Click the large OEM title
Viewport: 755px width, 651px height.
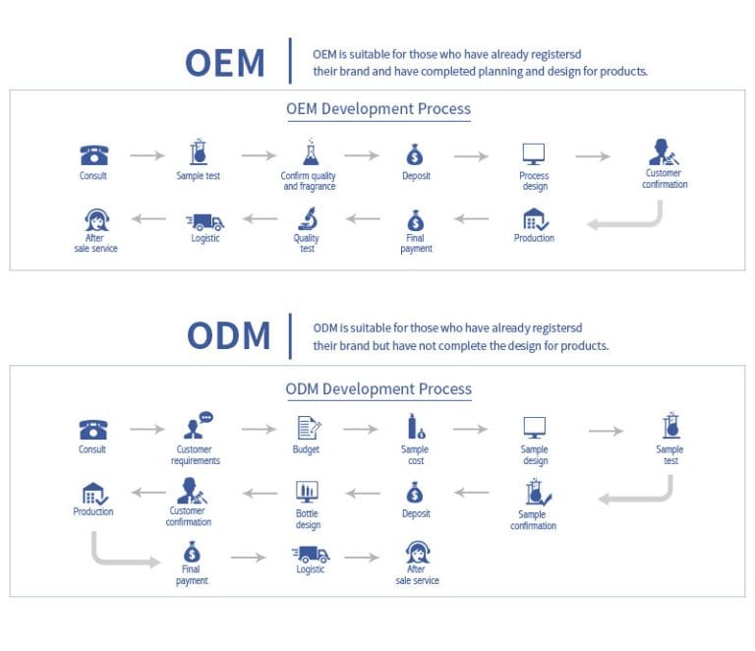point(225,63)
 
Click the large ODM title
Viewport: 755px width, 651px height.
point(228,335)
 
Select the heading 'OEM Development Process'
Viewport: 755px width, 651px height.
point(378,109)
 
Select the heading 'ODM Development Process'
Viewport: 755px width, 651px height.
point(378,389)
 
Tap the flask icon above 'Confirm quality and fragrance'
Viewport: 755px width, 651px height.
point(310,153)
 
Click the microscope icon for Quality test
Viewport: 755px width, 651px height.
point(307,217)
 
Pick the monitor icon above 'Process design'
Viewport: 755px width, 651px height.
point(533,154)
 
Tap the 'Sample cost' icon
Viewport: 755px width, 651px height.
point(416,427)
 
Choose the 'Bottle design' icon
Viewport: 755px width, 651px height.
point(307,491)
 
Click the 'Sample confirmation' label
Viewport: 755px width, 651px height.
point(533,520)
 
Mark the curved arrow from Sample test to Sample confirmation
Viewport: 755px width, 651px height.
point(639,491)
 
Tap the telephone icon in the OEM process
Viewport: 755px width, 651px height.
point(93,155)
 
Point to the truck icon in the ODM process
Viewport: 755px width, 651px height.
point(311,555)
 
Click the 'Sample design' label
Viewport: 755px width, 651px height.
point(534,455)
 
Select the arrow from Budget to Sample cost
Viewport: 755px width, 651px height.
point(361,429)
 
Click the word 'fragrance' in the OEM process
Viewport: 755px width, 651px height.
point(310,187)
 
